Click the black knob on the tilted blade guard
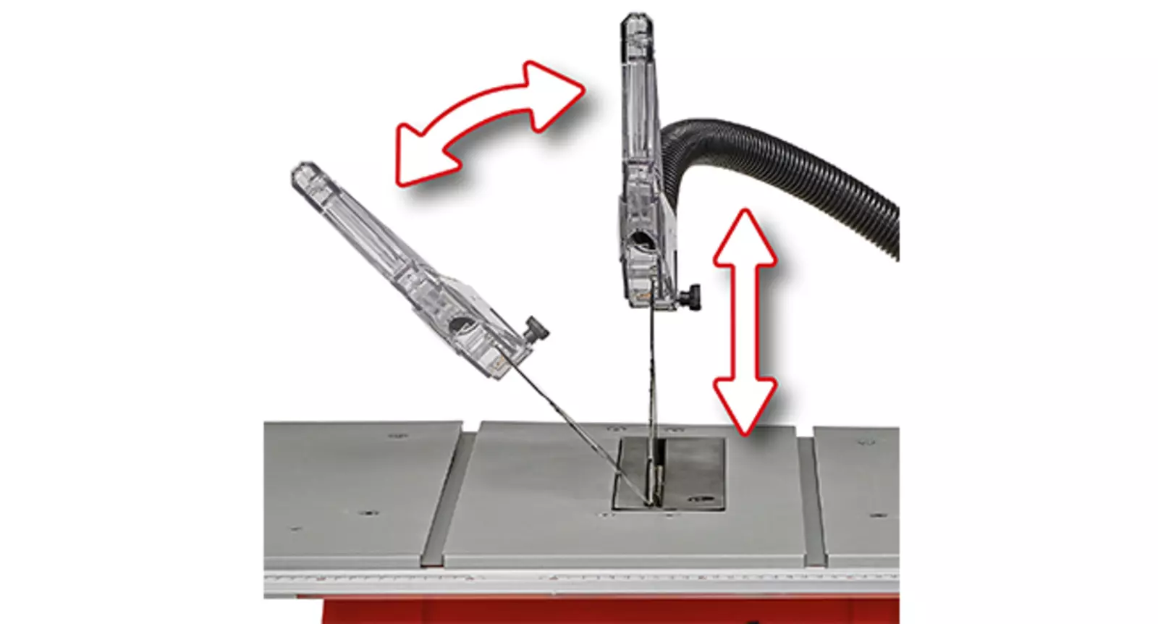coord(537,329)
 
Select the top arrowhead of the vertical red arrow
coord(745,239)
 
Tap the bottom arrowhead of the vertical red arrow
coord(745,405)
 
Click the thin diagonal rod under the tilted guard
coord(572,434)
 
